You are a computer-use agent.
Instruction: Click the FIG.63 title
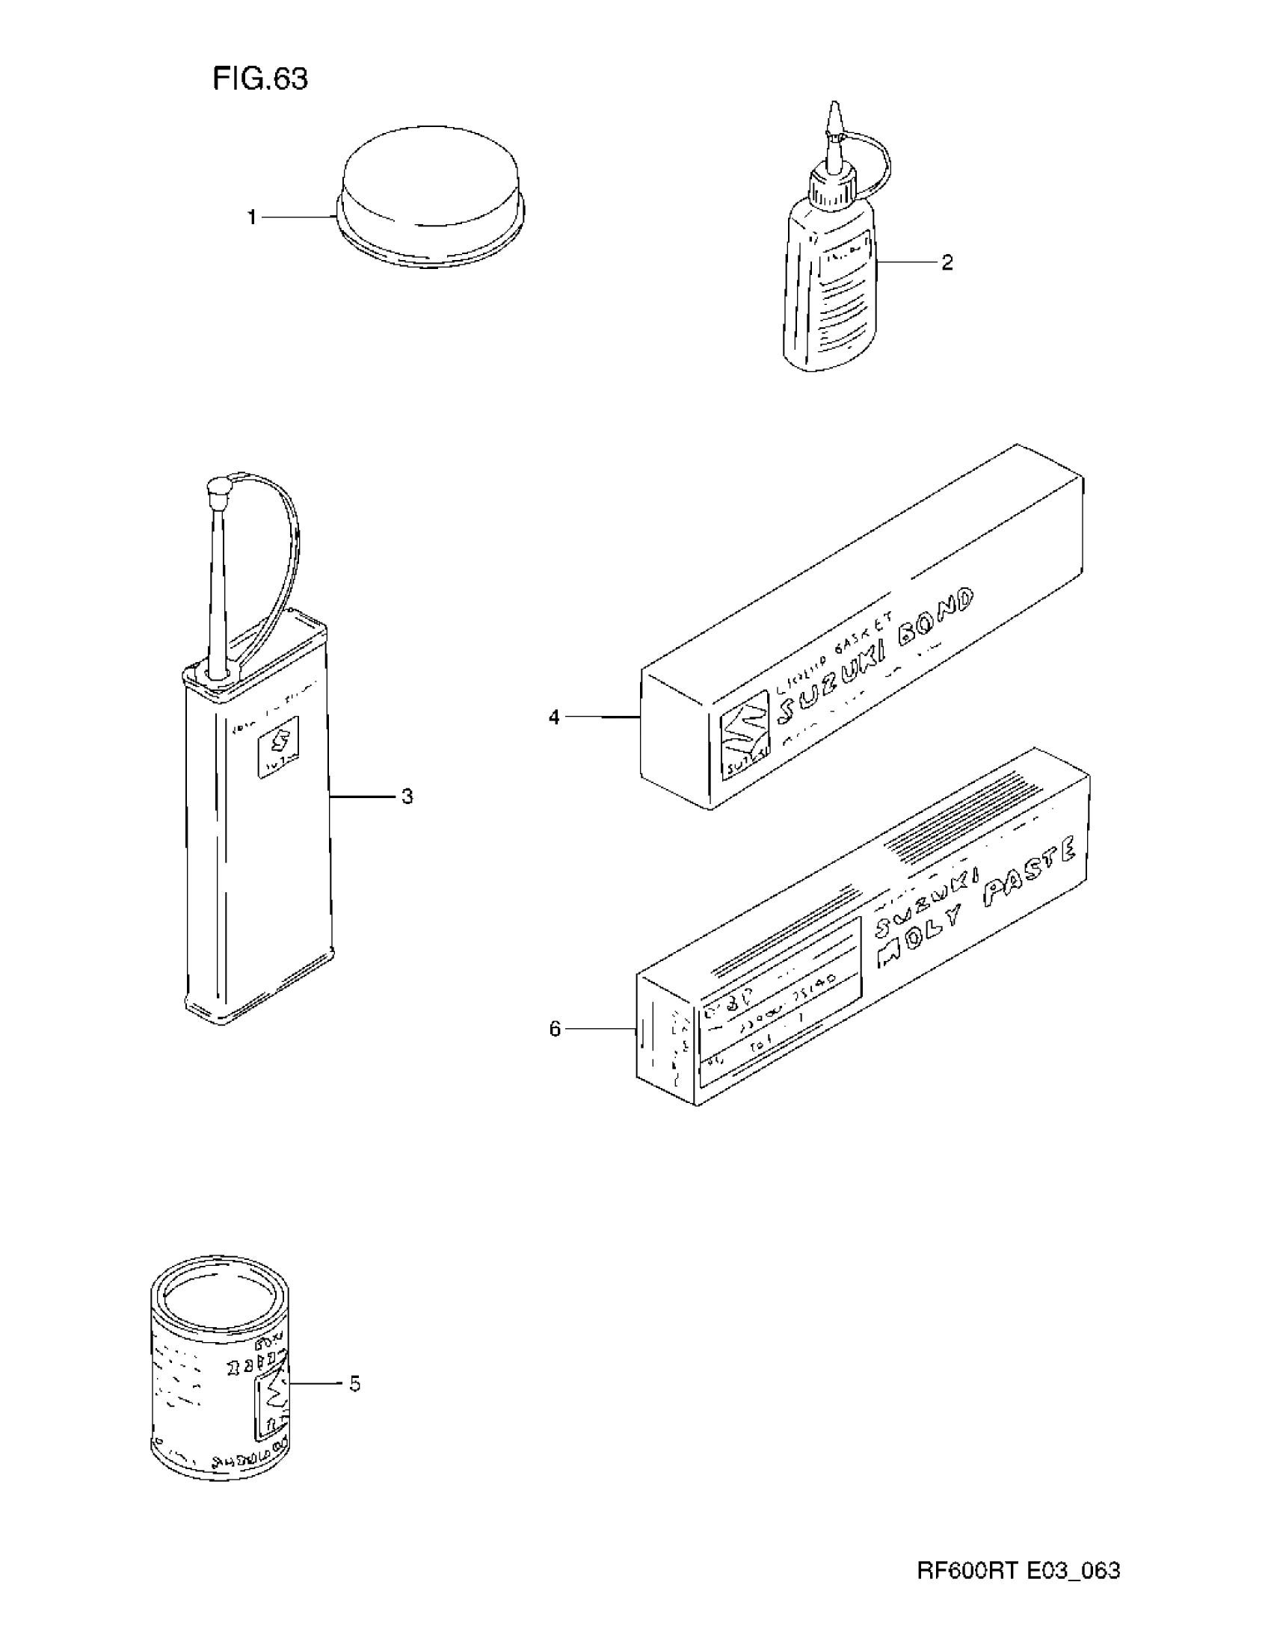(259, 78)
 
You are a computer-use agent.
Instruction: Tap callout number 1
(253, 217)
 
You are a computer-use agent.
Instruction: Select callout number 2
(947, 262)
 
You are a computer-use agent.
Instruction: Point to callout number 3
(407, 796)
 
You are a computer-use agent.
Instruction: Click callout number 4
(554, 717)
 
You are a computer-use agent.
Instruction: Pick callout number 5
(354, 1383)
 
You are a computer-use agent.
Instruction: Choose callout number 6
(555, 1028)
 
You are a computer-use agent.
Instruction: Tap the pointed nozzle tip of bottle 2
(833, 113)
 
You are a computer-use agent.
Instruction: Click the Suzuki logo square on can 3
(278, 744)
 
